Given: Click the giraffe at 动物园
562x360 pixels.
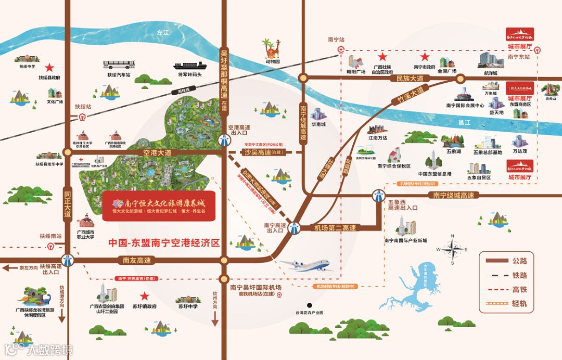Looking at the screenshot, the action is point(271,48).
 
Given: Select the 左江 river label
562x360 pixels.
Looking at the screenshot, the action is point(163,32).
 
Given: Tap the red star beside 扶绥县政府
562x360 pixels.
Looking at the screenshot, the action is point(49,68).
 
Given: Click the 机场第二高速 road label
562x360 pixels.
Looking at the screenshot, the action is point(335,227).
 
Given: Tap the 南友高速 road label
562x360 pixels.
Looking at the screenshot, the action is point(137,260).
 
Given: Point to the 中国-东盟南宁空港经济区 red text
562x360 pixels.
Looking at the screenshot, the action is point(164,243).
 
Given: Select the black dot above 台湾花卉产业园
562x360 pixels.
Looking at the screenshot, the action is point(309,305).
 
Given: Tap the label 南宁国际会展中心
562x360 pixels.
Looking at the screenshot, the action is point(465,105).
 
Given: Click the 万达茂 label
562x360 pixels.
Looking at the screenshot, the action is point(520,151).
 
